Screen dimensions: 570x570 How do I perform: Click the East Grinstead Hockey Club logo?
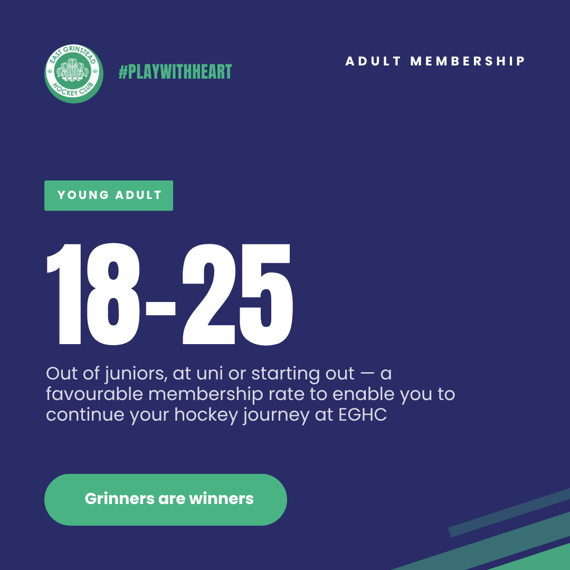click(74, 74)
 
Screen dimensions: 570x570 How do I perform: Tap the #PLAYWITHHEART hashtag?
click(175, 72)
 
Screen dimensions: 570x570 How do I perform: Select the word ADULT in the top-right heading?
click(373, 61)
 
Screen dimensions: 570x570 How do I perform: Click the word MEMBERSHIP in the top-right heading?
click(468, 61)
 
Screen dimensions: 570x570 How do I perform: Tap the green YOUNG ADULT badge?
click(109, 196)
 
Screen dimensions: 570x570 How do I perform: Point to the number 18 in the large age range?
click(93, 294)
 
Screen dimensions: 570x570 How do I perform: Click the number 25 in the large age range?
click(237, 294)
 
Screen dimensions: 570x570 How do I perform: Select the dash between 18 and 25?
click(160, 308)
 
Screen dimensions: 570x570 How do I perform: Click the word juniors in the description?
click(136, 374)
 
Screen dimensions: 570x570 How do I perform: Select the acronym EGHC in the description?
click(363, 415)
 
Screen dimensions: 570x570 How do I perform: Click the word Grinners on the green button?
click(119, 499)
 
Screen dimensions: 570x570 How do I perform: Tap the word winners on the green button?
click(221, 499)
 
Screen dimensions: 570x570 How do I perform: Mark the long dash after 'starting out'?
click(367, 374)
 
